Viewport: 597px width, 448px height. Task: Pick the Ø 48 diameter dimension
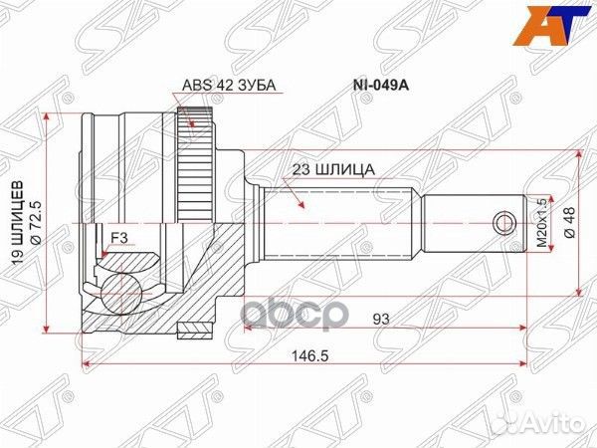click(568, 221)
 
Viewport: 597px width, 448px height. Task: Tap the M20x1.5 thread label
click(542, 221)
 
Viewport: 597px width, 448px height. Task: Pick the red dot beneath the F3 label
click(103, 257)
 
